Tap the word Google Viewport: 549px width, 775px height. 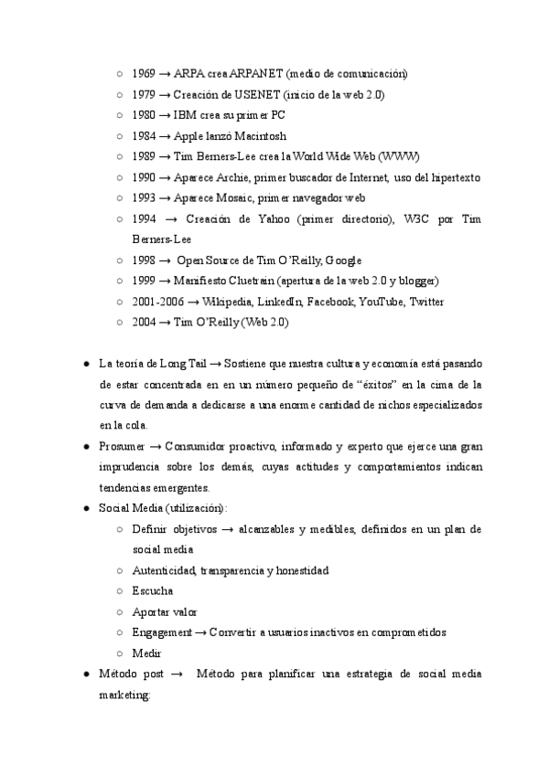[344, 260]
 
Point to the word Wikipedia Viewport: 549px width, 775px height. [226, 302]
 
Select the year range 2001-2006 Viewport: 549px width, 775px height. [157, 302]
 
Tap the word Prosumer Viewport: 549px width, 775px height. [121, 446]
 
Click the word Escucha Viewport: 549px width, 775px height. [152, 591]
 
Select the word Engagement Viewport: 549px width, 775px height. [162, 632]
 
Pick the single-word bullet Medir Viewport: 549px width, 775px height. [146, 653]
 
